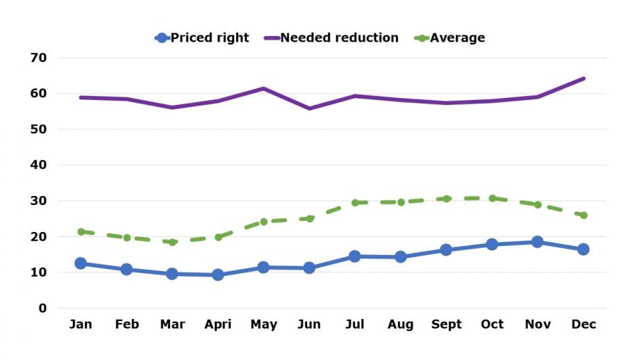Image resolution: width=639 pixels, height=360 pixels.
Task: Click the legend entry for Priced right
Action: pyautogui.click(x=202, y=38)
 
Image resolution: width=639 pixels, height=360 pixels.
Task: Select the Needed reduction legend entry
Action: pyautogui.click(x=331, y=38)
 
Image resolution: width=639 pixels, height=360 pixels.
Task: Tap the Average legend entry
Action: pyautogui.click(x=449, y=38)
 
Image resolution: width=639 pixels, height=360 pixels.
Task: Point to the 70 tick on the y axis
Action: pyautogui.click(x=38, y=58)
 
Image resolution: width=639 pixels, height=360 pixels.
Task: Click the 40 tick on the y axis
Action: pyautogui.click(x=38, y=165)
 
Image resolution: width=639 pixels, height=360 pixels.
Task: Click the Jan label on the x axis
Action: pyautogui.click(x=81, y=325)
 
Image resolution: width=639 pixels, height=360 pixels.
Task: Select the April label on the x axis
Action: pyautogui.click(x=217, y=325)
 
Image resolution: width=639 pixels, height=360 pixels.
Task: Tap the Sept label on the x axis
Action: pyautogui.click(x=446, y=325)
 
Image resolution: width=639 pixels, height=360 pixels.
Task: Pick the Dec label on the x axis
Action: pyautogui.click(x=583, y=325)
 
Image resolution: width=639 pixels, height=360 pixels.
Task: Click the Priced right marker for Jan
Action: pyautogui.click(x=81, y=263)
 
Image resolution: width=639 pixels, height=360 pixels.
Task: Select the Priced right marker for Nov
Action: pyautogui.click(x=538, y=242)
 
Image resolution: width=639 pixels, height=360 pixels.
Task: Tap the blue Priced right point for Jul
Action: pyautogui.click(x=355, y=256)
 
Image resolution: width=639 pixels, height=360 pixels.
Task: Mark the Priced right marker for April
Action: pyautogui.click(x=217, y=275)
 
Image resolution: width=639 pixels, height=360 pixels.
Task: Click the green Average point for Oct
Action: pyautogui.click(x=492, y=198)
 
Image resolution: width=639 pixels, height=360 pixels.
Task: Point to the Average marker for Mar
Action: pyautogui.click(x=172, y=242)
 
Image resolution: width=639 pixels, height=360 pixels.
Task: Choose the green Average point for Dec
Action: pyautogui.click(x=583, y=215)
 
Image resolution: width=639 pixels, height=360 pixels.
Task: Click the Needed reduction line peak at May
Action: pyautogui.click(x=263, y=88)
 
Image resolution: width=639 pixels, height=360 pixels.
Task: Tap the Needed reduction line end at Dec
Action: pyautogui.click(x=583, y=79)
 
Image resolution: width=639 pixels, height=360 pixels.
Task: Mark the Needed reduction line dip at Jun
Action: pyautogui.click(x=309, y=108)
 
